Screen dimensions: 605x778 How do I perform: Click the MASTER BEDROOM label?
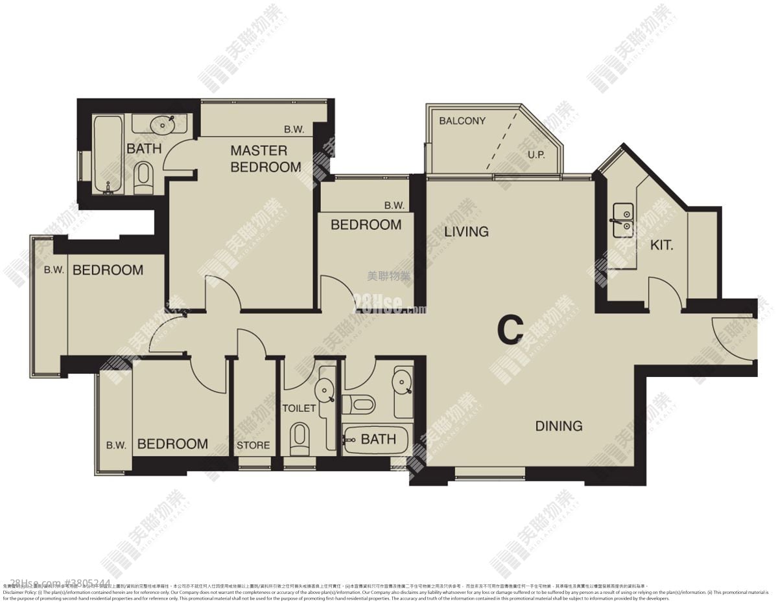point(266,159)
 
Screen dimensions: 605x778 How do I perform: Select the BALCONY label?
point(462,121)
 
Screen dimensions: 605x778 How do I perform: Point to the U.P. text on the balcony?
point(536,155)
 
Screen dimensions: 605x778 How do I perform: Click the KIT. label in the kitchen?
point(662,245)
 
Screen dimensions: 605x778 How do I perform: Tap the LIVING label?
point(466,232)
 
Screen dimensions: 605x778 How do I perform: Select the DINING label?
point(558,426)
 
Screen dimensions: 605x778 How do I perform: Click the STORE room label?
point(253,445)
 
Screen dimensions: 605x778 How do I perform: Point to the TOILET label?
point(299,408)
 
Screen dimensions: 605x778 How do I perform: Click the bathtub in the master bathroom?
point(107,154)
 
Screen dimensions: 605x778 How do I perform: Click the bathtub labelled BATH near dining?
point(375,440)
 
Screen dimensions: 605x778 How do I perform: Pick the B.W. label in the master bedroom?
point(294,129)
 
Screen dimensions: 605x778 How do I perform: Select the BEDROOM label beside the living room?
point(366,225)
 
